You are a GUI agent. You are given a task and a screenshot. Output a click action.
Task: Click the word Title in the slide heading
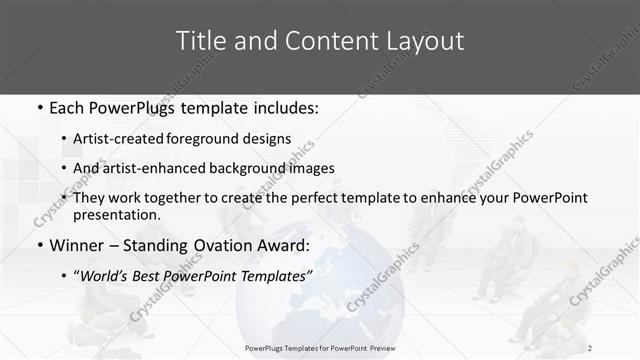point(200,41)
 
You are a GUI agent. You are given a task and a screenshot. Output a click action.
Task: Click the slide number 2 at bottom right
point(590,347)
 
